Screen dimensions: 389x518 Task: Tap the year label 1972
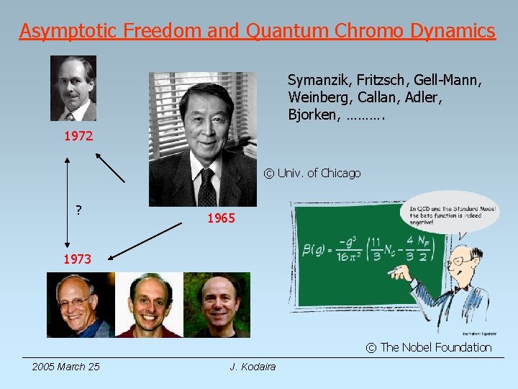point(78,135)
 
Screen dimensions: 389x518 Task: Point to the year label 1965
point(221,218)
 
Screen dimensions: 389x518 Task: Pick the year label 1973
point(77,259)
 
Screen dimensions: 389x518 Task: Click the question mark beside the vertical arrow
point(78,210)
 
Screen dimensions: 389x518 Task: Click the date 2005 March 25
point(65,367)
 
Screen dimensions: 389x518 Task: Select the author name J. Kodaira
point(253,367)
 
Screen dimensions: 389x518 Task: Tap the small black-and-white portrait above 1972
point(73,88)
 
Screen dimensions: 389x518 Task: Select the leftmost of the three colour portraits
point(79,305)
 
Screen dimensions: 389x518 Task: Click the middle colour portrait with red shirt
point(149,305)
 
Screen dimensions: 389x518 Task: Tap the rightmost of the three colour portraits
point(217,305)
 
